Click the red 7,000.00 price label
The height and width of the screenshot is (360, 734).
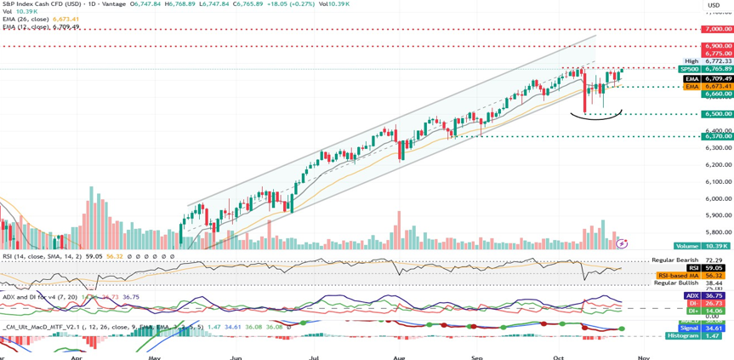pos(718,29)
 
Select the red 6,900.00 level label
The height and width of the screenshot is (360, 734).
pos(718,46)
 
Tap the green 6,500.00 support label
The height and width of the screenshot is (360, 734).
pos(718,114)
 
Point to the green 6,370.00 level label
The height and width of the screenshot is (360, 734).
pos(718,136)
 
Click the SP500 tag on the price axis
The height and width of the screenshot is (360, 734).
pos(690,69)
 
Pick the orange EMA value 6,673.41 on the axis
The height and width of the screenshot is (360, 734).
pos(718,87)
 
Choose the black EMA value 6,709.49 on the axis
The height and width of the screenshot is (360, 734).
pos(718,78)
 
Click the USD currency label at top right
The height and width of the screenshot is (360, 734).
pos(714,5)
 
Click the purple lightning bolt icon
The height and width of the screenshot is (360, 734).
pos(622,243)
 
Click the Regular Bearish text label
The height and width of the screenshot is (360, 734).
pos(674,260)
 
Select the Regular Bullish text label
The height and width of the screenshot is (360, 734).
pos(675,283)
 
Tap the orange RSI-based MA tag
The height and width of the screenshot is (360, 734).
pos(679,276)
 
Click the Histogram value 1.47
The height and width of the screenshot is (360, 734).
pos(714,336)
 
